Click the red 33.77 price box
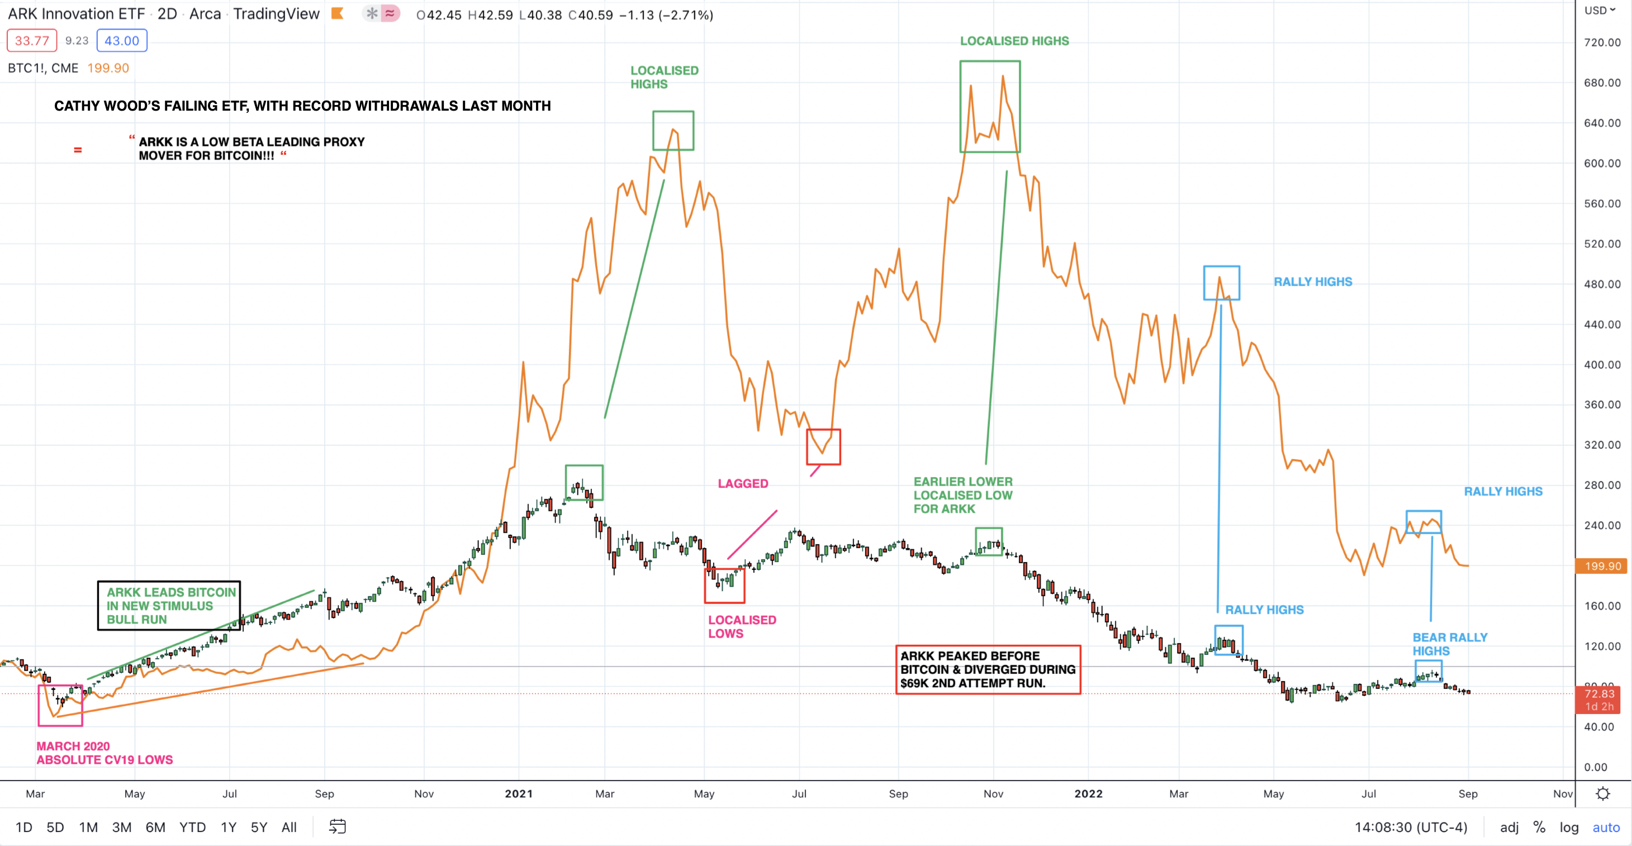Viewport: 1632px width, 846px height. pos(32,41)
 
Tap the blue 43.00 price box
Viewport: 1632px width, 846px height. pos(122,41)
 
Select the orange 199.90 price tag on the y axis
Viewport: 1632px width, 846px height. pos(1602,566)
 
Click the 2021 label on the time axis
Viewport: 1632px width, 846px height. pos(518,793)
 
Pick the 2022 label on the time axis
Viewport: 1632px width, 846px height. pos(1088,793)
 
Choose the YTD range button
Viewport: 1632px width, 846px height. pos(192,827)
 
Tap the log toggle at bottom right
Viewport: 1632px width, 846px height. pos(1569,827)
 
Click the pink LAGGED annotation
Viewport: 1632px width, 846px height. pos(743,484)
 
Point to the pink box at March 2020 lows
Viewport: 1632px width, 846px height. pos(60,705)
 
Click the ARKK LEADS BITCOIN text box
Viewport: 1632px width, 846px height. pos(169,605)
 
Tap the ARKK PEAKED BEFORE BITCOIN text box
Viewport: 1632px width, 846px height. pos(988,669)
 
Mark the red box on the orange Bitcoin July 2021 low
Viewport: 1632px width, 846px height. pos(823,447)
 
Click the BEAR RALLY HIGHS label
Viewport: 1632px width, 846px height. pos(1450,644)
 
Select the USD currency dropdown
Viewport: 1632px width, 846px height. pos(1600,10)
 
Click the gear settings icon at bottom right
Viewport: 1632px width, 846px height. pos(1603,793)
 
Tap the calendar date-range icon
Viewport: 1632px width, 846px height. pos(338,826)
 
